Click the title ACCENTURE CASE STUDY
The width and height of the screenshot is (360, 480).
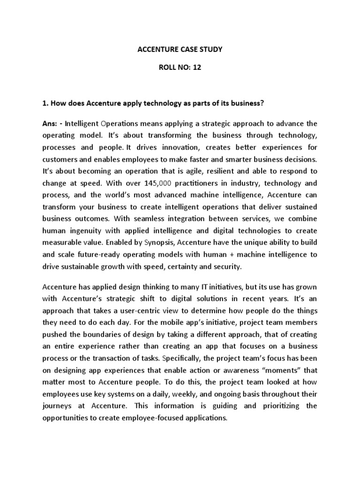pyautogui.click(x=180, y=48)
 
